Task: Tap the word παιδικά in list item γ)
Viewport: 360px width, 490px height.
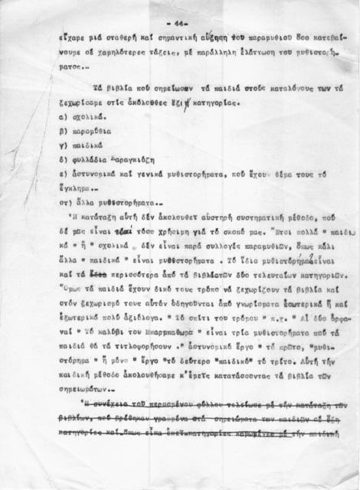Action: pyautogui.click(x=89, y=145)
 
